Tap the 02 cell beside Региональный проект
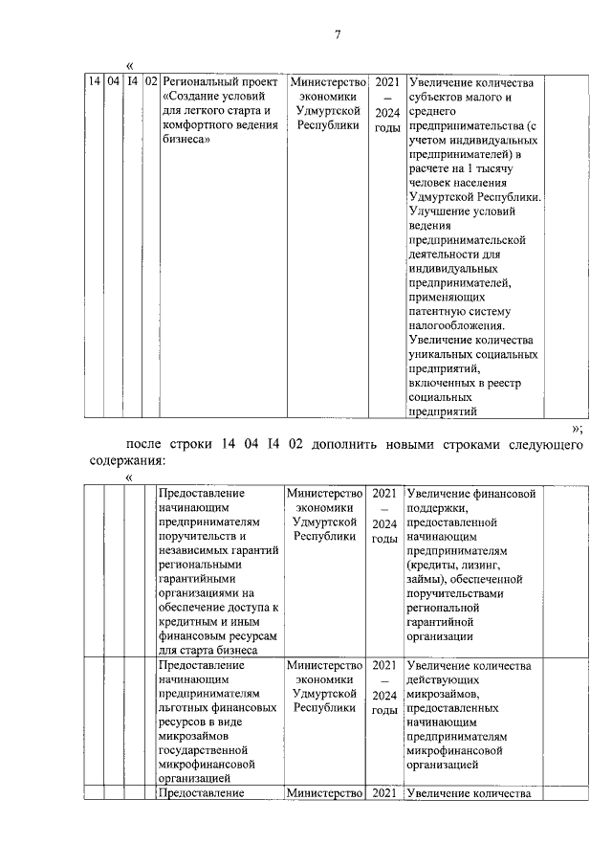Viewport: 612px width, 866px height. (151, 82)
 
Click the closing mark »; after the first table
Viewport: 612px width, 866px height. (577, 428)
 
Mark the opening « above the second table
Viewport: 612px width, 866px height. (129, 477)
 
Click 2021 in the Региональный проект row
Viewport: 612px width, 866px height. (385, 82)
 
